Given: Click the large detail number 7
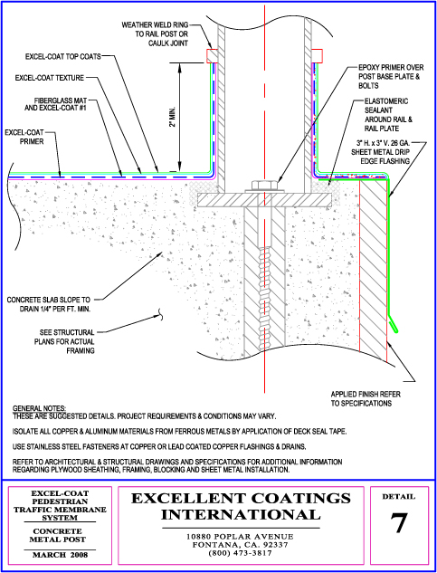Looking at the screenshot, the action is [x=399, y=523].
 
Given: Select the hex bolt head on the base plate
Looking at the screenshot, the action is [x=264, y=185].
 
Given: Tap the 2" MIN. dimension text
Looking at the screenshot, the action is [x=174, y=117].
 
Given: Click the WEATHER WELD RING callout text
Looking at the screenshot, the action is [x=155, y=34].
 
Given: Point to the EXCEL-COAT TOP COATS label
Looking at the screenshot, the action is [x=62, y=57].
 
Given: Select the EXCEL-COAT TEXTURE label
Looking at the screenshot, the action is [x=50, y=78].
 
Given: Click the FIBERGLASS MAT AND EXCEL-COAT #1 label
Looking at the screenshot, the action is [x=55, y=104].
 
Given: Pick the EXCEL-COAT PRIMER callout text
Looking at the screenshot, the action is [x=24, y=137].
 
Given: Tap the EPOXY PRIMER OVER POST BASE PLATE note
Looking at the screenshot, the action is [x=391, y=77].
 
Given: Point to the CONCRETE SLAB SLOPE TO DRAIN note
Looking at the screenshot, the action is [x=50, y=304].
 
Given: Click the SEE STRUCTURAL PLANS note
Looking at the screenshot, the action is [x=67, y=341].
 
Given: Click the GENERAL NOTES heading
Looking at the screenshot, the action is [x=39, y=408].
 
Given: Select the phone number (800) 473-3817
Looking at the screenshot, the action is [x=240, y=553].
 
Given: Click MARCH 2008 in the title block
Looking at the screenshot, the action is [x=61, y=555].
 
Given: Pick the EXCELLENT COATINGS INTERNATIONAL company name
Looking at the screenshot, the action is [x=241, y=506].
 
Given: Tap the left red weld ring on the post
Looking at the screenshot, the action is [x=212, y=55].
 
